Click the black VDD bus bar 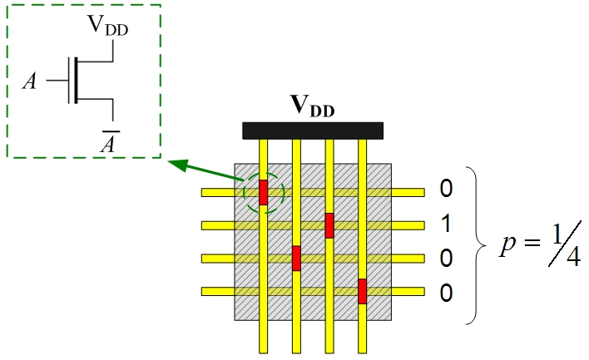312,131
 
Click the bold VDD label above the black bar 312,106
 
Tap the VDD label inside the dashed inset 108,25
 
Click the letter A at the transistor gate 32,81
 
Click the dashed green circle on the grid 264,192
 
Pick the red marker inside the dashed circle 264,192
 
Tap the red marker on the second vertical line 296,258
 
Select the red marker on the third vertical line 329,225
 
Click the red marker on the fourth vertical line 362,291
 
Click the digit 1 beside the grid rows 446,224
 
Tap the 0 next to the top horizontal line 446,190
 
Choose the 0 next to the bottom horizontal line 446,293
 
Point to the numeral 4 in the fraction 571,257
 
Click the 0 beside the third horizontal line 446,259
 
